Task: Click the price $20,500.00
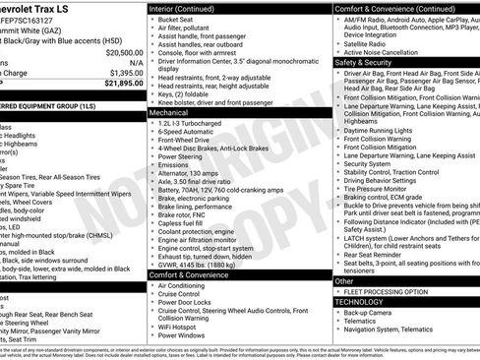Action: pyautogui.click(x=117, y=53)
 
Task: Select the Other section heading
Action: pyautogui.click(x=345, y=281)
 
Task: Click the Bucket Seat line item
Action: pyautogui.click(x=178, y=19)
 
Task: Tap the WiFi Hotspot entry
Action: pyautogui.click(x=182, y=325)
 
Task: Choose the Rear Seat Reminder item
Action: pyautogui.click(x=379, y=256)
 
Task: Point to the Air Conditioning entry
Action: pyautogui.click(x=188, y=286)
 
